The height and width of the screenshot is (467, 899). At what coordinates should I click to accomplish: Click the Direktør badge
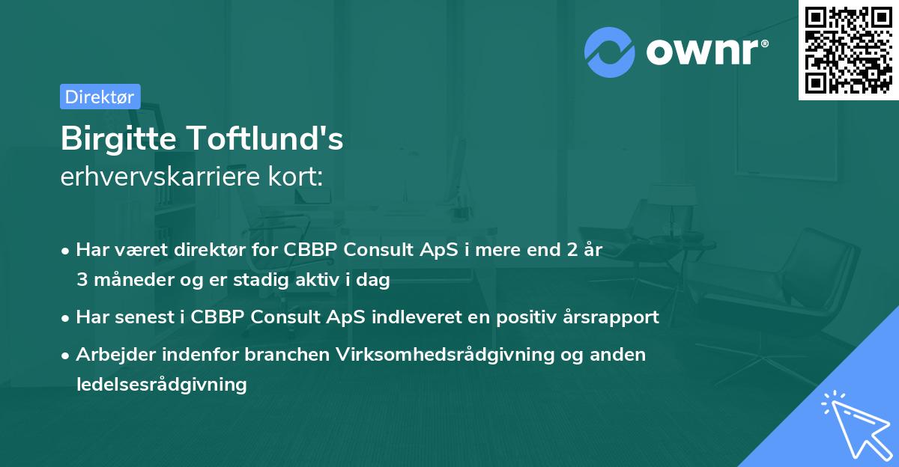100,97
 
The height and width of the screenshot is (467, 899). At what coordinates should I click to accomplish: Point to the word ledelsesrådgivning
161,384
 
